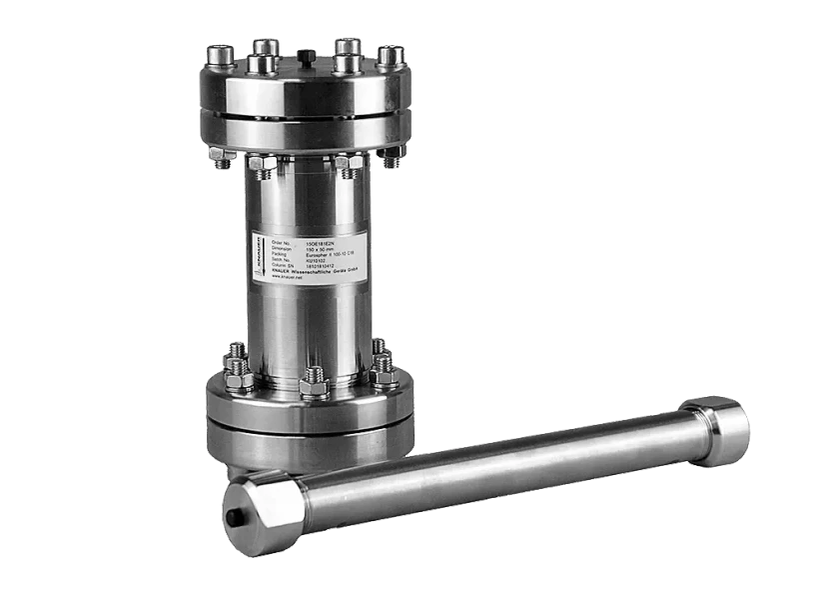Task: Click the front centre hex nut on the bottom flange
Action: tap(312, 383)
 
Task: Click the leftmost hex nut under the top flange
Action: tap(219, 155)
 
